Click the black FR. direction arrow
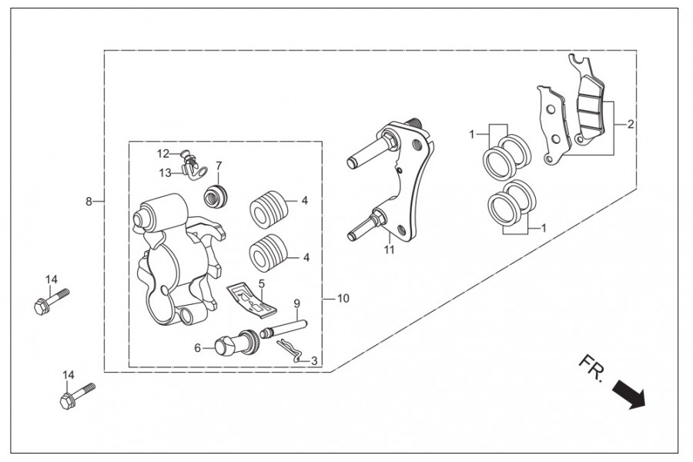pyautogui.click(x=629, y=395)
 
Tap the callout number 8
pyautogui.click(x=89, y=202)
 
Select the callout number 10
pyautogui.click(x=343, y=299)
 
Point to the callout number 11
pyautogui.click(x=389, y=249)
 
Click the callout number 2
pyautogui.click(x=631, y=124)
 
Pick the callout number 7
pyautogui.click(x=219, y=166)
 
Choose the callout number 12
pyautogui.click(x=163, y=154)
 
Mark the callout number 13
pyautogui.click(x=165, y=172)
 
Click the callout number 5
pyautogui.click(x=261, y=283)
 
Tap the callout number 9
pyautogui.click(x=296, y=303)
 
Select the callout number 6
pyautogui.click(x=198, y=348)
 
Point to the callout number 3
pyautogui.click(x=314, y=361)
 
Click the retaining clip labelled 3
pyautogui.click(x=290, y=350)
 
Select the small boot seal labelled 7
pyautogui.click(x=216, y=196)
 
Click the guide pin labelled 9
pyautogui.click(x=284, y=329)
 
